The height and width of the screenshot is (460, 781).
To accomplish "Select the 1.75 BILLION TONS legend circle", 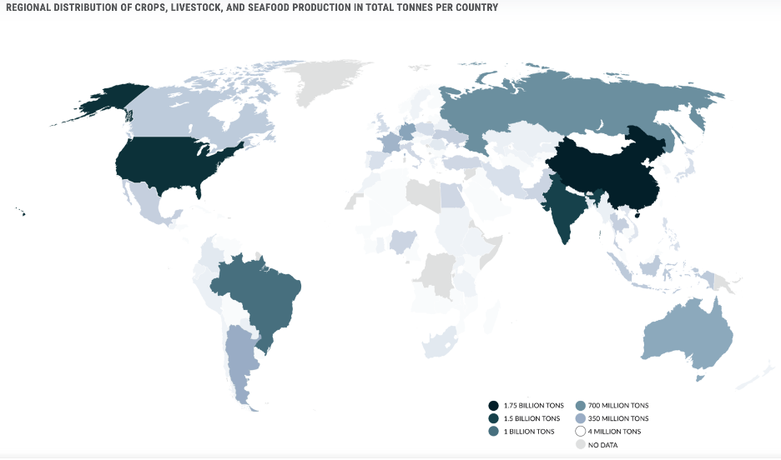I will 495,405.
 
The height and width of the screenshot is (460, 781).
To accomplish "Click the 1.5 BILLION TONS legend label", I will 532,418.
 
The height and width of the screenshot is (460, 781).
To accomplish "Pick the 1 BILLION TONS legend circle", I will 495,432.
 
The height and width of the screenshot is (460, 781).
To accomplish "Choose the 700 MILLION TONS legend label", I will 618,405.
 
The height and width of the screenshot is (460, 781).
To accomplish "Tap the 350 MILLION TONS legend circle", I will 581,418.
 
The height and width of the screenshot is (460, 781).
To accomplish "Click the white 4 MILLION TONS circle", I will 581,432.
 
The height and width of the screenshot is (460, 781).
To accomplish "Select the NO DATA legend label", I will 603,445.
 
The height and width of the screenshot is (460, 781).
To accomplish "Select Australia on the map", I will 688,333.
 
